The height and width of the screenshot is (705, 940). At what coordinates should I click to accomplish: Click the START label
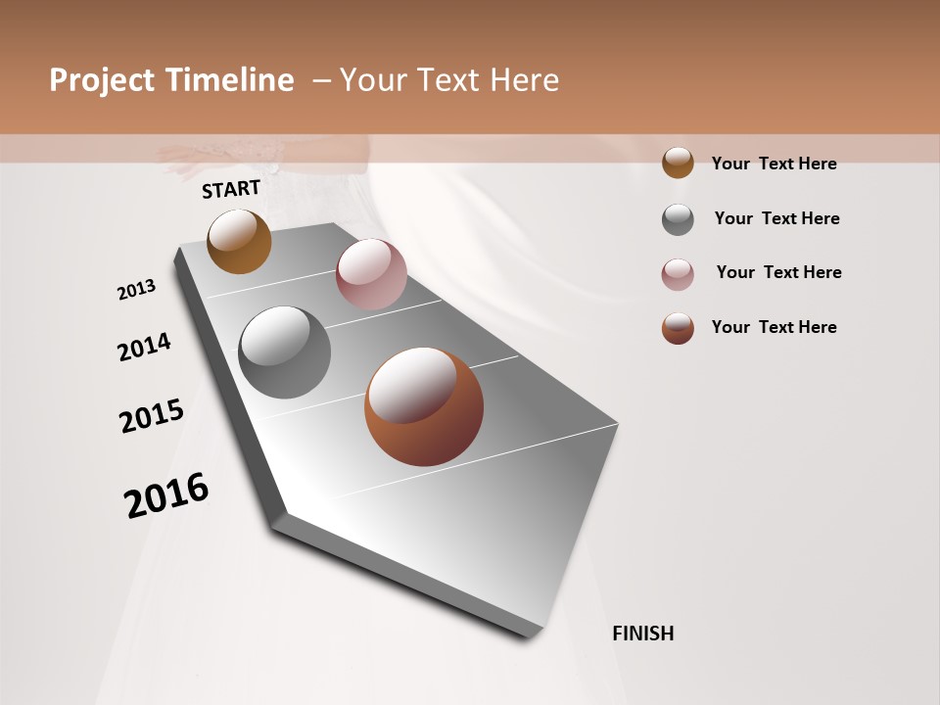click(231, 189)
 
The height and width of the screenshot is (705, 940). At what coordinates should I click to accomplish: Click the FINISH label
click(643, 634)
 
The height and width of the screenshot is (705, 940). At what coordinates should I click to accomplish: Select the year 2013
click(136, 290)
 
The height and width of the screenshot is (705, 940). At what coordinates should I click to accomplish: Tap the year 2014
click(144, 347)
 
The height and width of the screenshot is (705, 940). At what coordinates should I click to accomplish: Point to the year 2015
click(152, 416)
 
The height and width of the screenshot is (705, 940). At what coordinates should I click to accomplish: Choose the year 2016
click(166, 495)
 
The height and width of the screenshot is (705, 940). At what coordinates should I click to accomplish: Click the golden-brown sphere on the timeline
click(239, 241)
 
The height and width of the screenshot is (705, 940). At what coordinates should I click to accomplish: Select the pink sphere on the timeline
click(371, 274)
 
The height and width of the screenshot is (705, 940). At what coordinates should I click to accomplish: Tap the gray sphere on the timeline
click(284, 352)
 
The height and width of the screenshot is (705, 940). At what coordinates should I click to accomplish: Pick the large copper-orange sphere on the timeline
click(424, 406)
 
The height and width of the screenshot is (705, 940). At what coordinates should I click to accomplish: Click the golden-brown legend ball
click(678, 164)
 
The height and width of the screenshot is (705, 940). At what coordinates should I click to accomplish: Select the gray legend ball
click(678, 219)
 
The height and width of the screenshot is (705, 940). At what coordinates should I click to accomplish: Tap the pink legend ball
click(678, 274)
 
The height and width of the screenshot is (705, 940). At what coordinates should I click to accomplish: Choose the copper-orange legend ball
click(678, 328)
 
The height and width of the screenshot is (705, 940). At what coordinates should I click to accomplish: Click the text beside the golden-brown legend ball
click(774, 164)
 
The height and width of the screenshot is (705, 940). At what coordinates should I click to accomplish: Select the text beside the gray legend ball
click(776, 218)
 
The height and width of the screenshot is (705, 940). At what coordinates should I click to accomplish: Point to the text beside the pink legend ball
click(778, 272)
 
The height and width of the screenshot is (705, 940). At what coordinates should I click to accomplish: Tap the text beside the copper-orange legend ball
click(774, 327)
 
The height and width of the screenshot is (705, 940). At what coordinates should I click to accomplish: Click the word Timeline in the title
click(229, 80)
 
